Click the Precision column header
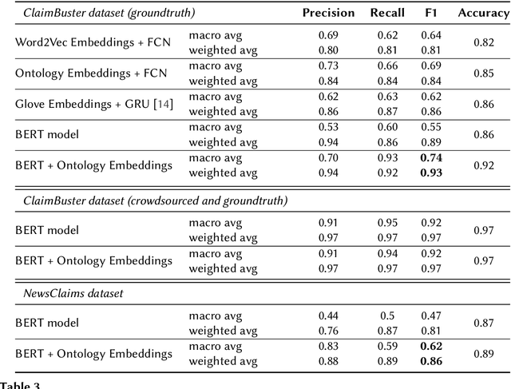pos(329,13)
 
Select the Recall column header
pos(387,13)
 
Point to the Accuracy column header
pos(483,13)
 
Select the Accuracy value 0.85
pos(483,73)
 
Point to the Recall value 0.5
pos(387,316)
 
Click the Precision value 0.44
pos(329,316)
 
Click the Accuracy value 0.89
pos(483,354)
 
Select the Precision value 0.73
pos(329,65)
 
